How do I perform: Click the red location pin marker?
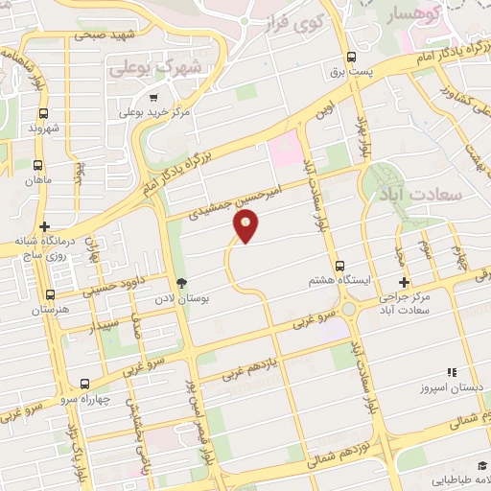point(246,225)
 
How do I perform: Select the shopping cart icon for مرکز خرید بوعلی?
point(153,97)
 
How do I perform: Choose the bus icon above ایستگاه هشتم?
point(339,266)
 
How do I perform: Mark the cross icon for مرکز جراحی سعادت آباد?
point(404,283)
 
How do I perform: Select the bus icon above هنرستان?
point(50,295)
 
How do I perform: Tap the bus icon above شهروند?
point(37,109)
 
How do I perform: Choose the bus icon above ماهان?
point(37,164)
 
